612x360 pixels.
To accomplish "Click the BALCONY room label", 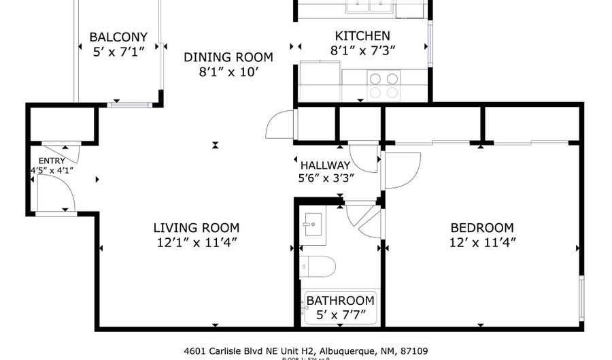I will tap(118, 37).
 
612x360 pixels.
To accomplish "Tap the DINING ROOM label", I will tap(228, 57).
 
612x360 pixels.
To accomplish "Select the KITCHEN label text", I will tap(362, 36).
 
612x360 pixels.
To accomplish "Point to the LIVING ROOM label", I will tap(196, 228).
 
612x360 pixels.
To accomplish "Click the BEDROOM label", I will tap(482, 228).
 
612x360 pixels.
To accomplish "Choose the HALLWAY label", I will tap(325, 165).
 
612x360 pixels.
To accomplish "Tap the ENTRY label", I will tap(52, 161).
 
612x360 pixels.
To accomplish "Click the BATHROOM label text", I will tap(340, 300).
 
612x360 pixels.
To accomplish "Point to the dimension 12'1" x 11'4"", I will tap(196, 242).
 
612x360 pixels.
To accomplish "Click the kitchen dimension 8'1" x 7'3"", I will tap(362, 50).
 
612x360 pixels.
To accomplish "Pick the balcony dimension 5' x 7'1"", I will tap(118, 52).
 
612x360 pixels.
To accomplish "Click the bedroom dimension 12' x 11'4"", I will tap(482, 242).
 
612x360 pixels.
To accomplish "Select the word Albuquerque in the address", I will tap(362, 351).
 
